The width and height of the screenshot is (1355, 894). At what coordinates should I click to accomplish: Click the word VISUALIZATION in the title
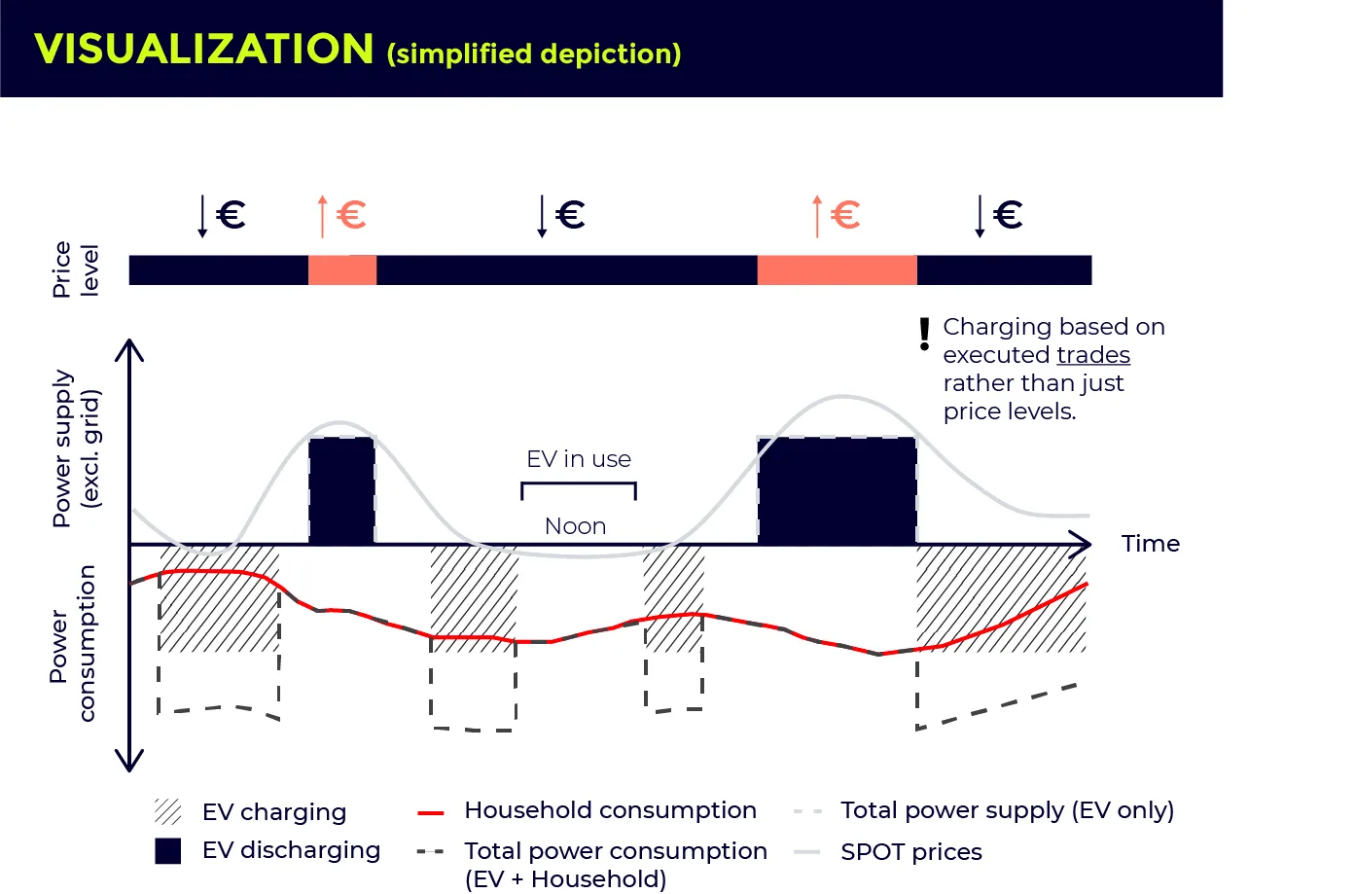(203, 49)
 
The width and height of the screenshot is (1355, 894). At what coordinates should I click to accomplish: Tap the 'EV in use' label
(579, 459)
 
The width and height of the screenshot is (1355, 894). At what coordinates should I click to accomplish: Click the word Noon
(575, 526)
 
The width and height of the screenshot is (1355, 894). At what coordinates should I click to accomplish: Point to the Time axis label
(1150, 544)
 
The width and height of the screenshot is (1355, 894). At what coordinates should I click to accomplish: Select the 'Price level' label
(75, 269)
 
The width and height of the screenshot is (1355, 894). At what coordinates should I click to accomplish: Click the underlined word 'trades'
(1093, 355)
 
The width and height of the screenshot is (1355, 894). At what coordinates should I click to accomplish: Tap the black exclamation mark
(924, 334)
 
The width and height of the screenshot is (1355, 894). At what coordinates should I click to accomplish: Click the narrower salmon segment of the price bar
(342, 270)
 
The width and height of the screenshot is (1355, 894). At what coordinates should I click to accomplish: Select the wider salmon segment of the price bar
(837, 270)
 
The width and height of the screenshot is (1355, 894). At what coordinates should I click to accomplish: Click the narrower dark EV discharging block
(341, 490)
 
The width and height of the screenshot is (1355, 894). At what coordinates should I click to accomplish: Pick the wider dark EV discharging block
(837, 490)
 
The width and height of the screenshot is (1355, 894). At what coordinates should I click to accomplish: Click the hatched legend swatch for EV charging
(168, 811)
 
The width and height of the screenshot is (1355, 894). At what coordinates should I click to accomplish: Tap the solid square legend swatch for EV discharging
(168, 850)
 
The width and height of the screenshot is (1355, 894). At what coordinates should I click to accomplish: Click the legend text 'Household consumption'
(610, 810)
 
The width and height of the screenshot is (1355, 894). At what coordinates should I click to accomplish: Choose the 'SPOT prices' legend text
(910, 852)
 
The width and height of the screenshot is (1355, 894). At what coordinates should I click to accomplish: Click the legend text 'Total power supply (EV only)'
(1007, 810)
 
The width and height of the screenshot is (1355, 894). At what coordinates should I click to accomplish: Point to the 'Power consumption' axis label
(73, 643)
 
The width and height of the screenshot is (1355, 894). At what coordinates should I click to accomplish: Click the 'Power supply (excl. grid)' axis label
(76, 448)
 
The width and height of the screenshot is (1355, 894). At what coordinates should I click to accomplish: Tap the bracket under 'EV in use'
(579, 484)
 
